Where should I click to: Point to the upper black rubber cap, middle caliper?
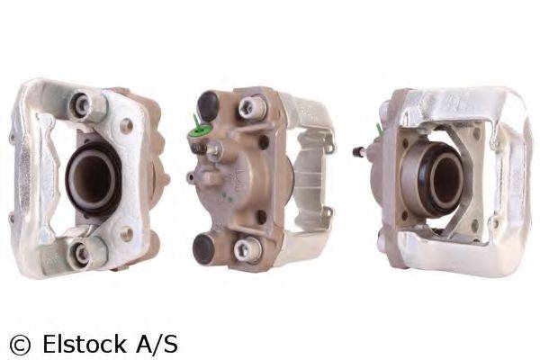point(209,104)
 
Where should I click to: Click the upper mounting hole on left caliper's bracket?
point(126,125)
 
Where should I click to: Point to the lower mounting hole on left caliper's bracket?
point(125,233)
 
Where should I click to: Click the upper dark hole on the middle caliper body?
point(263,141)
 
